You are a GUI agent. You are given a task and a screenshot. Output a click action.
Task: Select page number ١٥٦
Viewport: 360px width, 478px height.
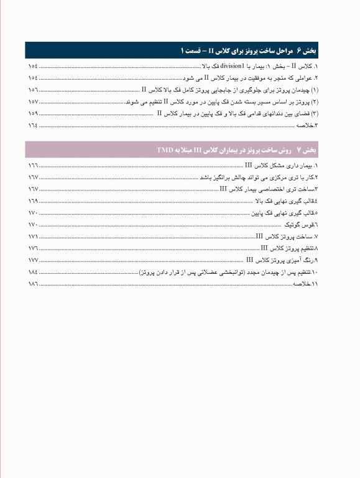(33, 90)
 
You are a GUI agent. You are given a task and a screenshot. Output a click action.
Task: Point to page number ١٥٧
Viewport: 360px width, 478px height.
(33, 101)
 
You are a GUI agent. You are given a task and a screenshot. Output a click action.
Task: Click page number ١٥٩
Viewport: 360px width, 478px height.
(33, 113)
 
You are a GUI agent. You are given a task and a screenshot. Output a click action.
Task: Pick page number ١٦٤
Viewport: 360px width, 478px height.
(33, 125)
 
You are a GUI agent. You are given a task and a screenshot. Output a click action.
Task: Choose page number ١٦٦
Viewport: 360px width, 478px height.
(33, 166)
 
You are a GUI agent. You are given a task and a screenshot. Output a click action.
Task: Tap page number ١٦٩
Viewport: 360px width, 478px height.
(33, 202)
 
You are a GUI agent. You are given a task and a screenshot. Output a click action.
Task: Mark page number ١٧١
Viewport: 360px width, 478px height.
(33, 237)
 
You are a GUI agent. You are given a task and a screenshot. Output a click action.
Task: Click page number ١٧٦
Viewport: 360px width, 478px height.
(33, 249)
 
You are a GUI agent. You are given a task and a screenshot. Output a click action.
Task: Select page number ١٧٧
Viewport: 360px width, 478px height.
(33, 261)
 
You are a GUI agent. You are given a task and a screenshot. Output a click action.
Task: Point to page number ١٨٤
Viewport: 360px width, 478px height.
(33, 273)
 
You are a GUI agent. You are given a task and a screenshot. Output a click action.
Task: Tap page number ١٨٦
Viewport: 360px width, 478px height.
(33, 284)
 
